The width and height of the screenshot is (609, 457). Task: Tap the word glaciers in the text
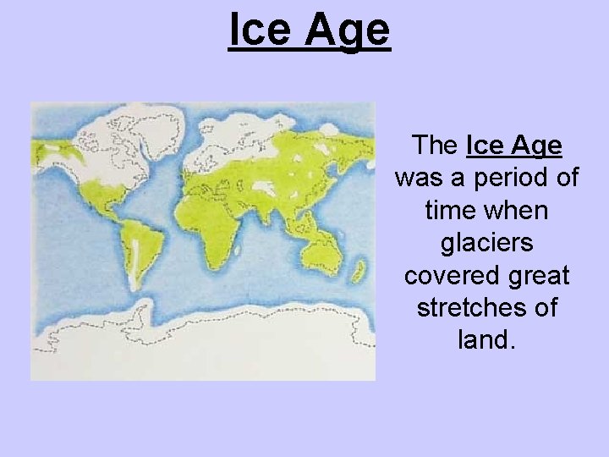coord(486,243)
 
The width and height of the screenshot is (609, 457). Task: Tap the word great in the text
coord(535,276)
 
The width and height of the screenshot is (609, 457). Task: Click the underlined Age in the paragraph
coord(530,146)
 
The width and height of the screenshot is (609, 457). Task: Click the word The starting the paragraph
coord(434,146)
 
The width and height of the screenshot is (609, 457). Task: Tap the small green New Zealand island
coord(359,272)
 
